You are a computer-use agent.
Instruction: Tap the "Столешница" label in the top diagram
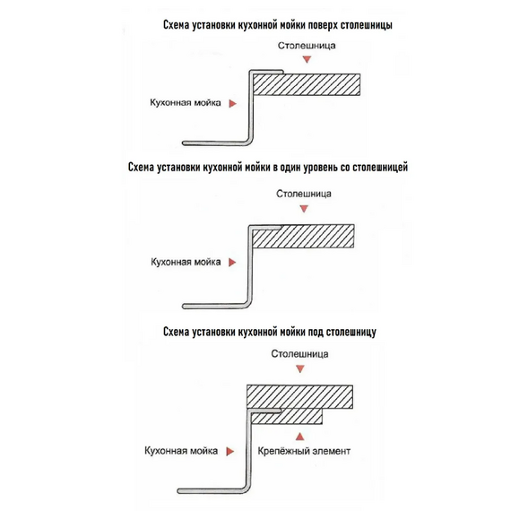[307, 46]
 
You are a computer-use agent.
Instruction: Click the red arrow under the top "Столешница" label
[307, 59]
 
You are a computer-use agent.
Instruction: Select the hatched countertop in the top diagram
[307, 84]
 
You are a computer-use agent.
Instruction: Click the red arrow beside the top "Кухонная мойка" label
[232, 104]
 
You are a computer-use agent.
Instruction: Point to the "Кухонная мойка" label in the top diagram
[185, 103]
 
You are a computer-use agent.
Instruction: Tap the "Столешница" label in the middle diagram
[304, 194]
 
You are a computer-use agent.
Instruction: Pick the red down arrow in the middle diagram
[304, 209]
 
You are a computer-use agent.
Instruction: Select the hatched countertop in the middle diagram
[303, 236]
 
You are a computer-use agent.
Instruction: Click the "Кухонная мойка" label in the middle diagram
[186, 262]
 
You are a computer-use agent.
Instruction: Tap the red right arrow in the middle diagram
[232, 263]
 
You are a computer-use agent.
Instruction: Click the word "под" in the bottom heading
[316, 332]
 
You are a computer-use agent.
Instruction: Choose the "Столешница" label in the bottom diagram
[299, 354]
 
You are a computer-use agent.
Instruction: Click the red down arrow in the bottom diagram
[300, 369]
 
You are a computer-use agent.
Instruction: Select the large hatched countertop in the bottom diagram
[299, 396]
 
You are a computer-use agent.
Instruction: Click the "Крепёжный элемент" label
[304, 451]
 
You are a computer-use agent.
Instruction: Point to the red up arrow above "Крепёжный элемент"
[300, 437]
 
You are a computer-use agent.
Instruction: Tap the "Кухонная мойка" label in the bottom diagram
[181, 451]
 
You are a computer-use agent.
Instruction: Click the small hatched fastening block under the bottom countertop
[287, 416]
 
